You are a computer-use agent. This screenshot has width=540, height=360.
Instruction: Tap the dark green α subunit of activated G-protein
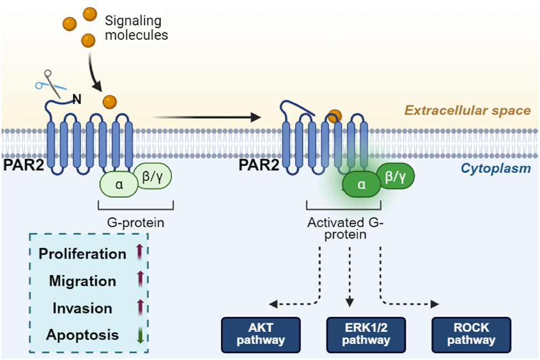point(361,185)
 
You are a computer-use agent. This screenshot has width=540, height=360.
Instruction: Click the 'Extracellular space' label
point(467,110)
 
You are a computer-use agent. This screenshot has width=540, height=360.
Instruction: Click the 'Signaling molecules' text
point(136,28)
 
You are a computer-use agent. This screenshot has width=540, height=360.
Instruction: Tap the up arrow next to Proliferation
point(140,253)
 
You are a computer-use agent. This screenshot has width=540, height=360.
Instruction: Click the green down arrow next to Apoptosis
point(140,335)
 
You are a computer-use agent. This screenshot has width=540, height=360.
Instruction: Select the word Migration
point(83,281)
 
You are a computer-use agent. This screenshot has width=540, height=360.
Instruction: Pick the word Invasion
point(82,308)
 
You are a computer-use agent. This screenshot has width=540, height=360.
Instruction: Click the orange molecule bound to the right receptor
point(334,116)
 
